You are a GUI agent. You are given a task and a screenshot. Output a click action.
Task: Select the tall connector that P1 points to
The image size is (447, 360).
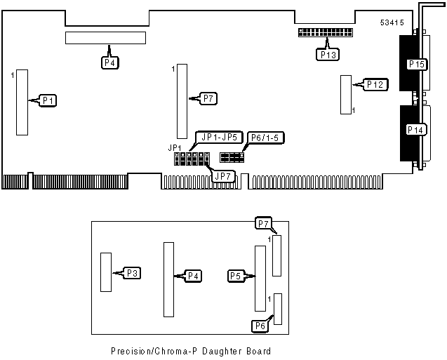pos(22,102)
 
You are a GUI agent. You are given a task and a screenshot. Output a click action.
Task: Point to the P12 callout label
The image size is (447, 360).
pos(375,85)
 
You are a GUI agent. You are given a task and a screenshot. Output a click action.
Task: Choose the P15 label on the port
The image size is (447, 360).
pos(417,65)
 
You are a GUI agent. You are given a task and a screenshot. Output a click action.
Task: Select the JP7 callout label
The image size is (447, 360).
pos(223,175)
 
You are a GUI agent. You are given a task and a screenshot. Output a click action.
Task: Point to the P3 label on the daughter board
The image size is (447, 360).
pos(133,272)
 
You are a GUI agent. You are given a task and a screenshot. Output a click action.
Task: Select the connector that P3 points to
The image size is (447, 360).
pos(106,272)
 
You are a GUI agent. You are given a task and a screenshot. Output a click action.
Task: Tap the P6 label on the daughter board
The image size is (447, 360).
pos(260,324)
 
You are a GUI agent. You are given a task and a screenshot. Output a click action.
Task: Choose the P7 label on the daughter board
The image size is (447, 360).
pos(262,223)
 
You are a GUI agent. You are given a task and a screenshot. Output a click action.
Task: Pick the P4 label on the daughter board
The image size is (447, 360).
pos(194,276)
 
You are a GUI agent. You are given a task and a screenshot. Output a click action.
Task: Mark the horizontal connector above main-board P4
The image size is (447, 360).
pos(106,38)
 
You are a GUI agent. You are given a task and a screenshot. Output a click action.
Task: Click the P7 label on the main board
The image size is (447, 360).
pos(208,98)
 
